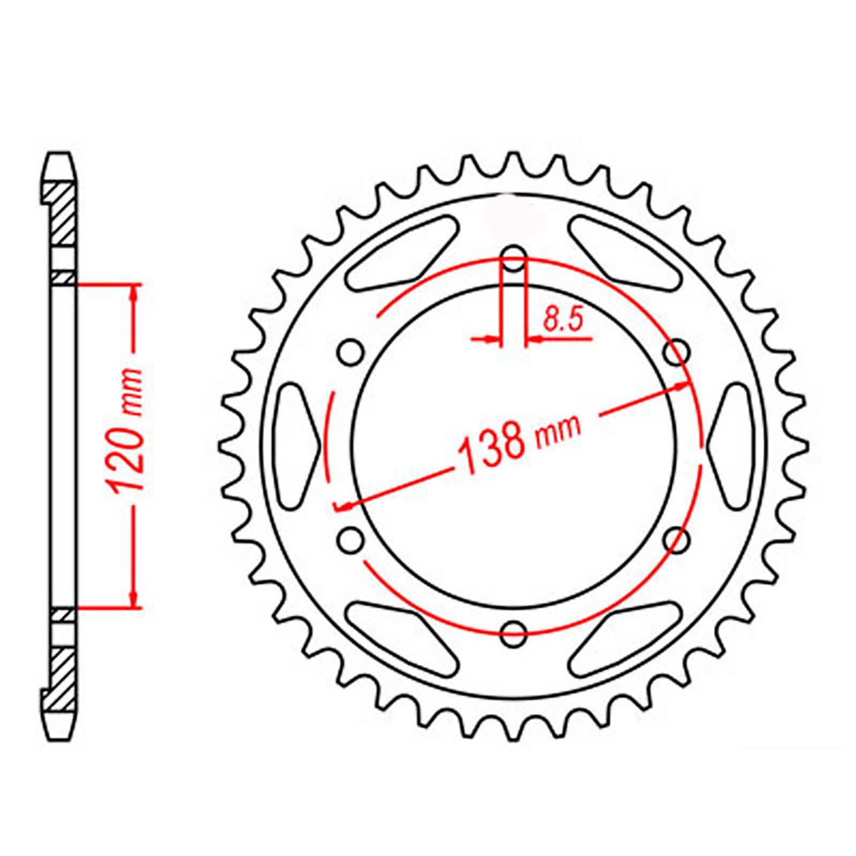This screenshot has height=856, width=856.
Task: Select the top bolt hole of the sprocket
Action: coord(514,261)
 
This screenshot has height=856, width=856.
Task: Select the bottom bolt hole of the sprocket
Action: coord(514,635)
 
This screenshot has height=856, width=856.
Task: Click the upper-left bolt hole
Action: coord(351,353)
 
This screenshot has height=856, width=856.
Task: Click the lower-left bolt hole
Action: coord(351,540)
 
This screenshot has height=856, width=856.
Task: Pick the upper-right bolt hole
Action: coord(676,353)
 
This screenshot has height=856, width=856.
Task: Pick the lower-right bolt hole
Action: coord(676,540)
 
